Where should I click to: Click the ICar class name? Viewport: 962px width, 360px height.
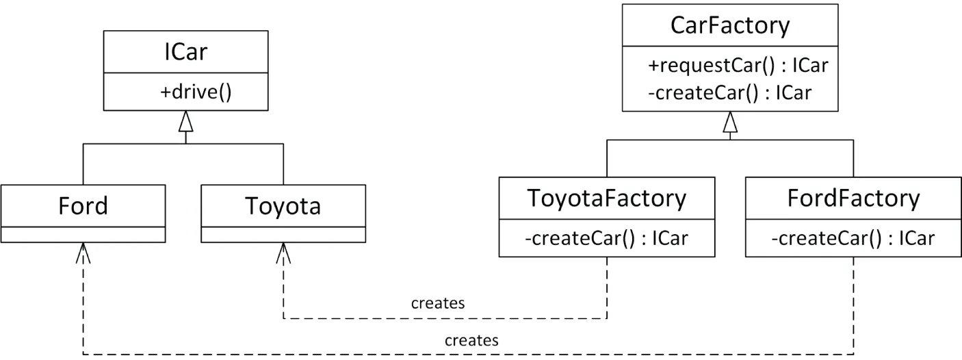pos(186,52)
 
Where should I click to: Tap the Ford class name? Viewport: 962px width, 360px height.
pos(83,205)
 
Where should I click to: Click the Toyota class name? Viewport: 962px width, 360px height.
pos(283,205)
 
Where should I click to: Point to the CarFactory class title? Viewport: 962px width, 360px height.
pos(730,25)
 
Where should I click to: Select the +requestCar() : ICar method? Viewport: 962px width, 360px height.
pos(738,66)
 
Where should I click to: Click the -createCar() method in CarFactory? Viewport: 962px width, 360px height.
pos(729,92)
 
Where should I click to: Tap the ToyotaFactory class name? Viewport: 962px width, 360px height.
pos(607,198)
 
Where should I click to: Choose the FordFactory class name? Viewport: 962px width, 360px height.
pos(853,198)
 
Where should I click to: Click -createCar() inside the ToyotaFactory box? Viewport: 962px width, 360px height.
pos(607,238)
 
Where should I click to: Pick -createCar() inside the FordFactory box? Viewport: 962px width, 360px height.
pos(853,238)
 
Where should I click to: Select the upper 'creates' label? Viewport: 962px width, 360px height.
pos(438,303)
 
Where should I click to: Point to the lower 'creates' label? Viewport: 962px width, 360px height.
pos(471,339)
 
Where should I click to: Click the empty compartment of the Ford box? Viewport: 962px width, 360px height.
pos(83,234)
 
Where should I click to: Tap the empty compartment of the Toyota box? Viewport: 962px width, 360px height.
pos(283,234)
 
